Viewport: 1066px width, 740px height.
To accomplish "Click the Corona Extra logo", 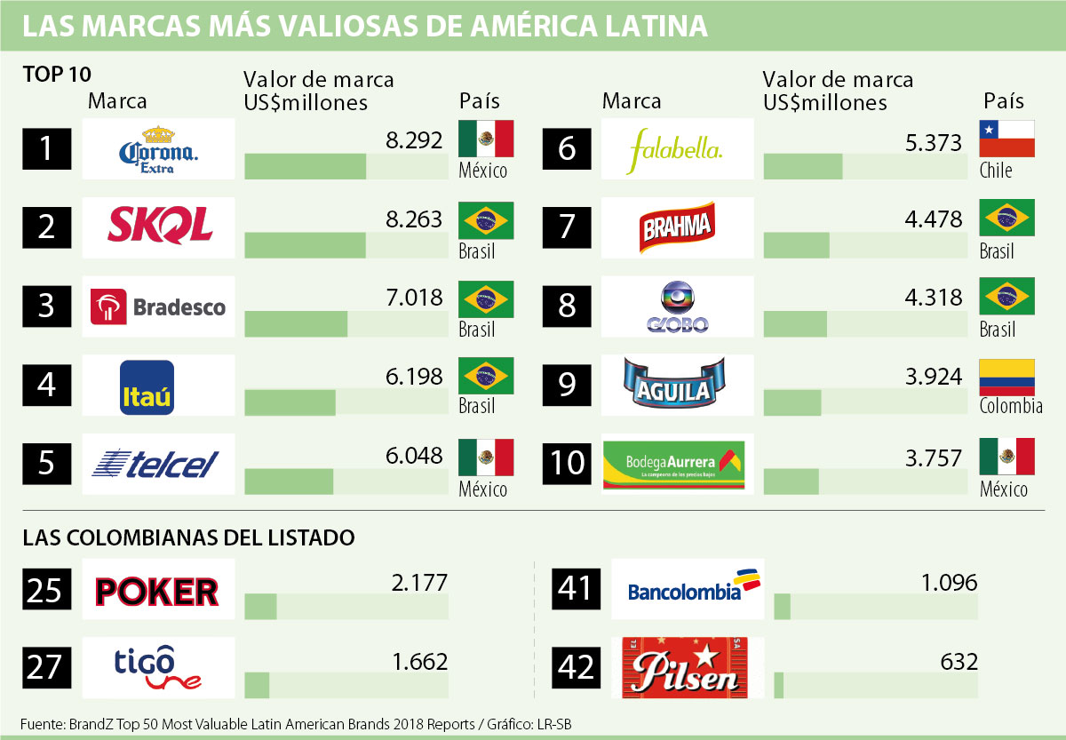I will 158,148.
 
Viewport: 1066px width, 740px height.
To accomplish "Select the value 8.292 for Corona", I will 414,139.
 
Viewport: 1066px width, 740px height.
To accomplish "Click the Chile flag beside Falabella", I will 1006,139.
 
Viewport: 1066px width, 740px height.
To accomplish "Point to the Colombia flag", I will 1006,377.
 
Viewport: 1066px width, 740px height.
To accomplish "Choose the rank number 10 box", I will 568,463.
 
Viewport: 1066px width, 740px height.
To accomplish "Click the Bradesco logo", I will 158,306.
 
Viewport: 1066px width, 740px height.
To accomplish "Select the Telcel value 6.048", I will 414,456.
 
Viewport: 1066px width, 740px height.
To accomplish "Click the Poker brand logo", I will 156,590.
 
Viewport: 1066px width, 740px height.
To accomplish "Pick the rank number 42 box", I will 577,666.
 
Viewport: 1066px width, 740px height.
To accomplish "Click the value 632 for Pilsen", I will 960,662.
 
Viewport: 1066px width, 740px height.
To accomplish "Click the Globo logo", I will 677,306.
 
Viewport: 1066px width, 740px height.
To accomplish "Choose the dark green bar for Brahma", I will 796,244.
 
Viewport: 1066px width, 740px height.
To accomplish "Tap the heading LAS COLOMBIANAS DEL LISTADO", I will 188,537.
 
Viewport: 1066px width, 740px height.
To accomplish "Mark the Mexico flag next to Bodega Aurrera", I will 1006,457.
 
